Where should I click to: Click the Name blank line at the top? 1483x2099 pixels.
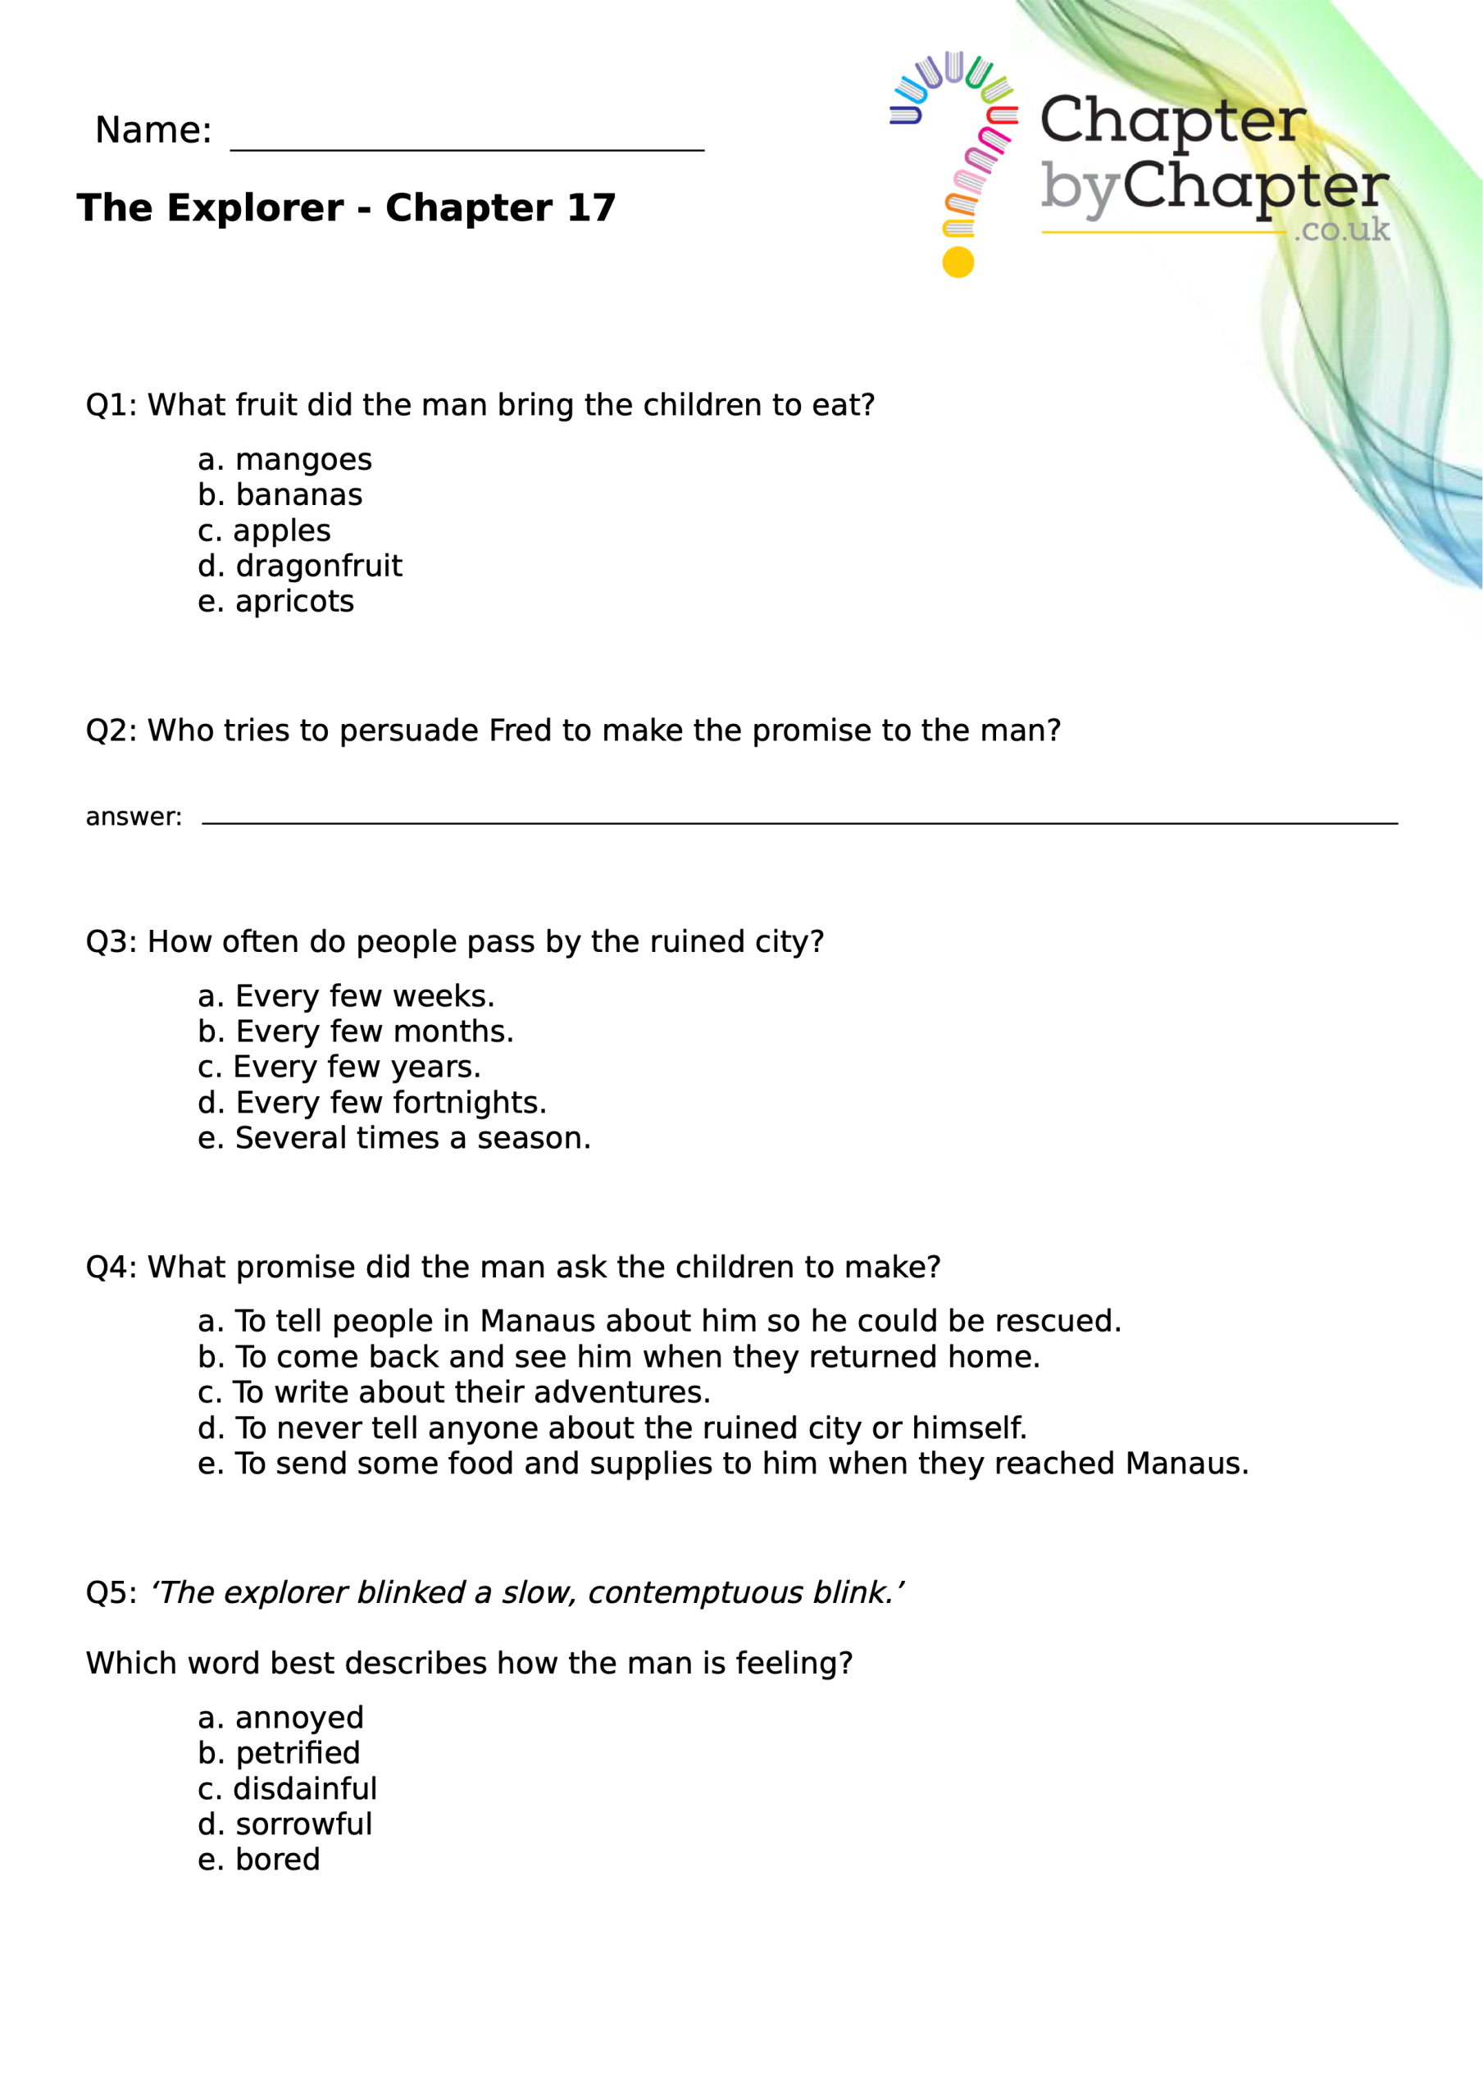pyautogui.click(x=466, y=146)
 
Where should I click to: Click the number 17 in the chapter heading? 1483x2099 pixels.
pyautogui.click(x=590, y=208)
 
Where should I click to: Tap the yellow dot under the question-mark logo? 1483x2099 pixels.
pyautogui.click(x=958, y=262)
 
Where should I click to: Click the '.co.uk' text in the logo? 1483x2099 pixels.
pyautogui.click(x=1341, y=230)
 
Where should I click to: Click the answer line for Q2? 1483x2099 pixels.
pyautogui.click(x=799, y=819)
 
